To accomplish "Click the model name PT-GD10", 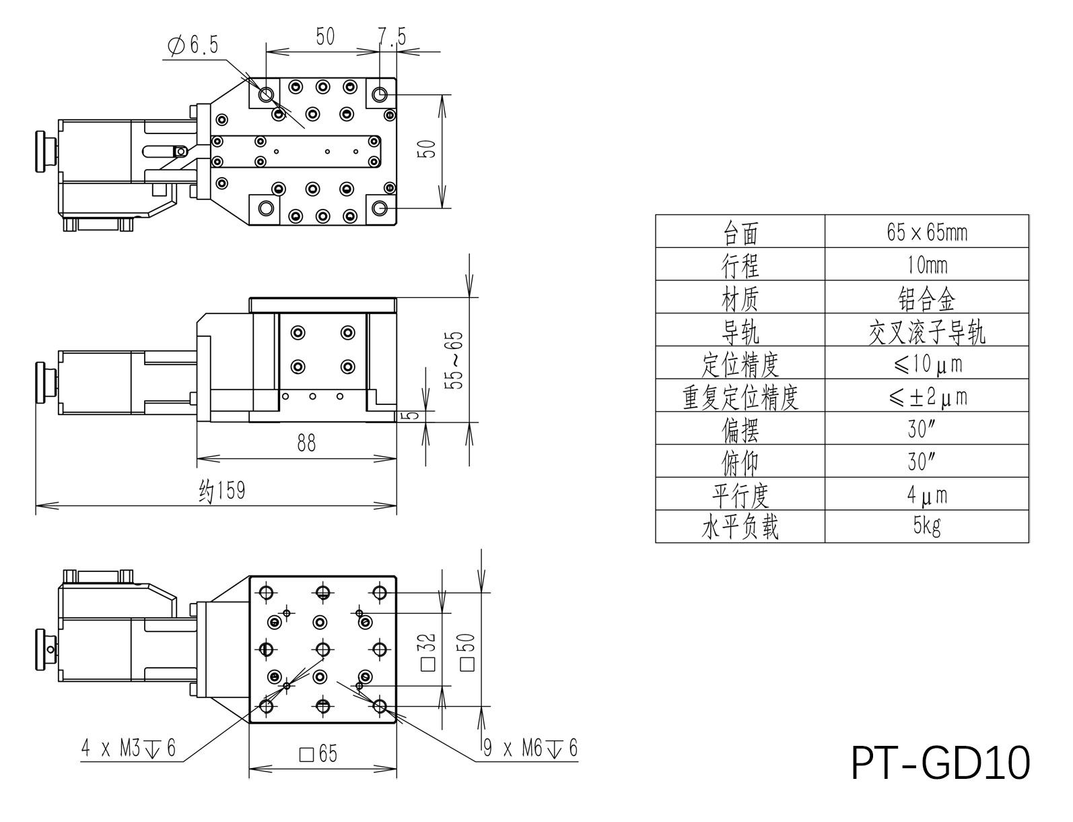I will pyautogui.click(x=940, y=763).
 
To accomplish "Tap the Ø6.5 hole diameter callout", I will pyautogui.click(x=193, y=46).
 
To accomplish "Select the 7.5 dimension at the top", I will pyautogui.click(x=392, y=36).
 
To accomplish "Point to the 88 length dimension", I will pyautogui.click(x=306, y=443).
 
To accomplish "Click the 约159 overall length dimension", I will pyautogui.click(x=222, y=490).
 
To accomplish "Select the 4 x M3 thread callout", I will pyautogui.click(x=129, y=748).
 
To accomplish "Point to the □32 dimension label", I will pyautogui.click(x=428, y=652).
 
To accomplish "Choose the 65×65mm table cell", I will pyautogui.click(x=927, y=232).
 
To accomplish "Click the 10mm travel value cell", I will pyautogui.click(x=927, y=265).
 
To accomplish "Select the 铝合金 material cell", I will pyautogui.click(x=927, y=298).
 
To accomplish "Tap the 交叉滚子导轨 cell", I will pyautogui.click(x=927, y=331).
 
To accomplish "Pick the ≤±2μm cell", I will pyautogui.click(x=927, y=397).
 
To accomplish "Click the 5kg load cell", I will pyautogui.click(x=927, y=526).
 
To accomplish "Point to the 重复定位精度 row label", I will pyautogui.click(x=740, y=397).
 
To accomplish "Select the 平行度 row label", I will pyautogui.click(x=740, y=495).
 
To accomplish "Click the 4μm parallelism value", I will pyautogui.click(x=927, y=495).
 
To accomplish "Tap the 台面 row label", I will pyautogui.click(x=740, y=232).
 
